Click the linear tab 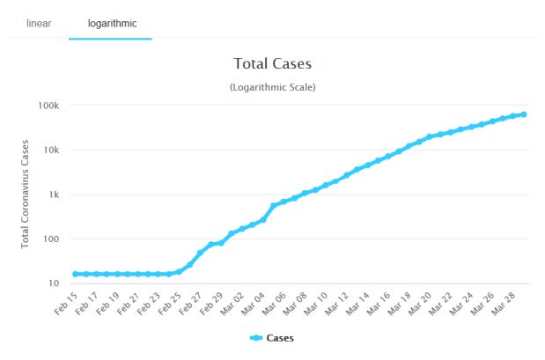(39, 23)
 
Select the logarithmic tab (111, 23)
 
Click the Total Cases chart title (272, 64)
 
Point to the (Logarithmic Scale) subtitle (272, 87)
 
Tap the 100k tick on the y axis (48, 106)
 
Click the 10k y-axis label (49, 150)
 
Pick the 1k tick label (52, 195)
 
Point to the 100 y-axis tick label (50, 239)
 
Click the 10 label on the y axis (53, 283)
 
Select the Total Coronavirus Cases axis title (27, 194)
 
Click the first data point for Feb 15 (76, 274)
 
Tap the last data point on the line (524, 114)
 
